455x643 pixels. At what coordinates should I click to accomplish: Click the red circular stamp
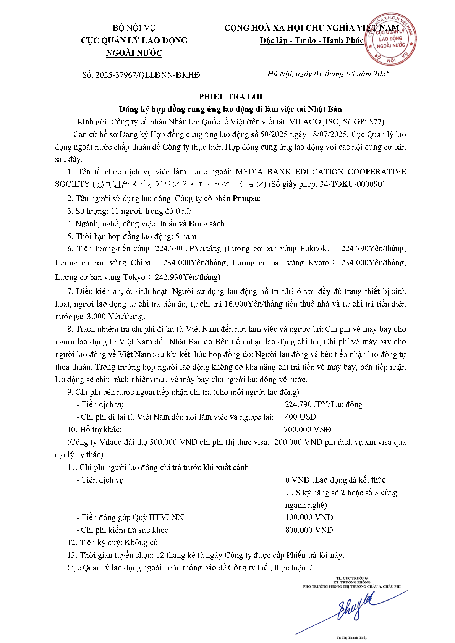(x=390, y=39)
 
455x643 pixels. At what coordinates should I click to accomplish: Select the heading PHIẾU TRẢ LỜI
(x=230, y=96)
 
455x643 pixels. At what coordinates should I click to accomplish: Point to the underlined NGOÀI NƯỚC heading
(x=134, y=53)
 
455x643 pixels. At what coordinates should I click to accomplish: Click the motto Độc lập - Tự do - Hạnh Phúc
(x=312, y=40)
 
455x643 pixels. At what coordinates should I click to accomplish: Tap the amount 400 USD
(x=301, y=417)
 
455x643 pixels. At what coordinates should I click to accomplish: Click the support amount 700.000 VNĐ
(x=308, y=430)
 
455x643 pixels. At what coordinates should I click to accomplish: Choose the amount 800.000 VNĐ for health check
(x=309, y=530)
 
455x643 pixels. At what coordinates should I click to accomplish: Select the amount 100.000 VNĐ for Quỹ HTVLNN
(x=309, y=517)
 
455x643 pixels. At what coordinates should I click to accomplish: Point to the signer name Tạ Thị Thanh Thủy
(x=352, y=638)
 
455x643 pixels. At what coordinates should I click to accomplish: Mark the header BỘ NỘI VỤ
(x=134, y=28)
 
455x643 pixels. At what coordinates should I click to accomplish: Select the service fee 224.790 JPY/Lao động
(x=324, y=404)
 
